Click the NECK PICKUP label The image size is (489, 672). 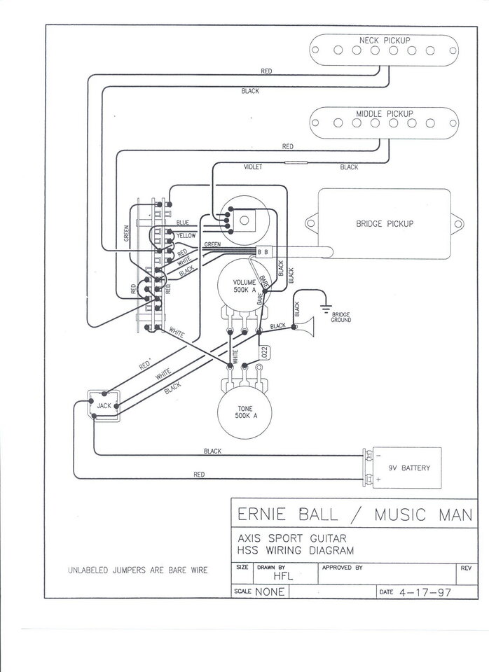pos(385,40)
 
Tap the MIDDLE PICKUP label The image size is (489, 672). pos(385,113)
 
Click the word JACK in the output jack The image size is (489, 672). pos(104,406)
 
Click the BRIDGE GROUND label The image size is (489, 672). pos(342,317)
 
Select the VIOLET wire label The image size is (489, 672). pos(252,167)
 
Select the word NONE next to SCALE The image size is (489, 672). pos(270,591)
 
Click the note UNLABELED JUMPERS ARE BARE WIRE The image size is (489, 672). pos(138,570)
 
